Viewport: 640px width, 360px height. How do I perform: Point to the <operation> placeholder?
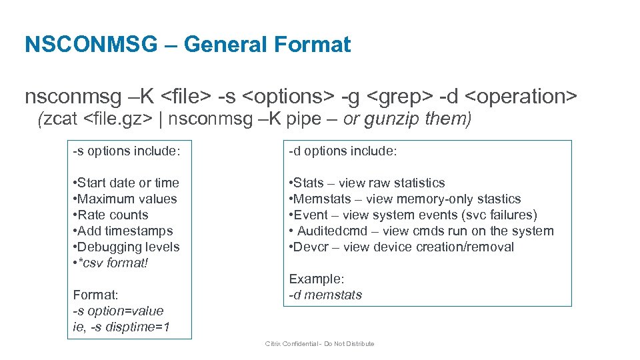(x=521, y=97)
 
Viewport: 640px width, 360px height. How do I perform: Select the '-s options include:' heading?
(x=126, y=151)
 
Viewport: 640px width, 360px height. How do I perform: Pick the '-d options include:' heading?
(x=343, y=151)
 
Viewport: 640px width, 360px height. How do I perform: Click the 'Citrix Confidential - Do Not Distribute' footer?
(x=320, y=344)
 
